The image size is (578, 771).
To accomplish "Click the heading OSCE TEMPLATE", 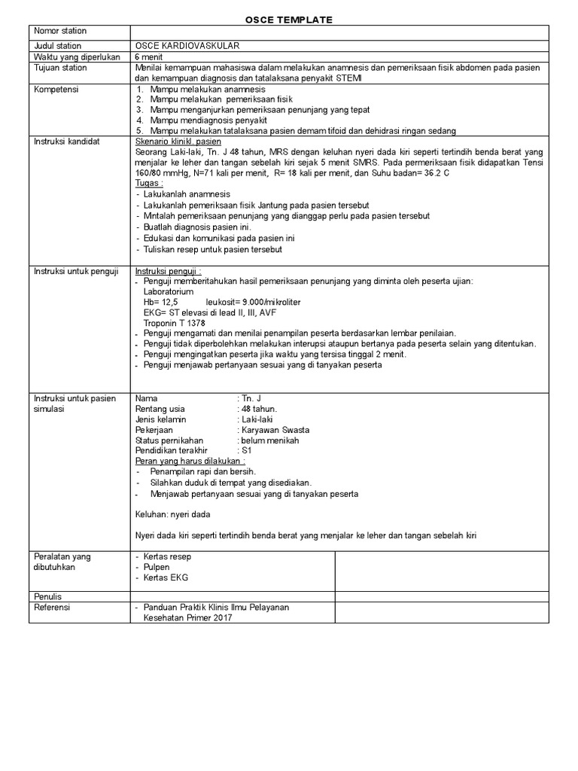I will [x=289, y=20].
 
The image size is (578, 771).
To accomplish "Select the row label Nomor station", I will [x=60, y=31].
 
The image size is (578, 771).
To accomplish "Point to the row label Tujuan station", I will [x=60, y=68].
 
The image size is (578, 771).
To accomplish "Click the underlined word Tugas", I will [x=148, y=184].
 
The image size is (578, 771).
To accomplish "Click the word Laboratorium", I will [x=169, y=291].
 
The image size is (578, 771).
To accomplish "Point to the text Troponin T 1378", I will [x=174, y=322].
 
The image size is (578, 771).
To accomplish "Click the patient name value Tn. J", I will [x=251, y=398].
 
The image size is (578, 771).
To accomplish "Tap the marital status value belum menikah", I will [x=269, y=440].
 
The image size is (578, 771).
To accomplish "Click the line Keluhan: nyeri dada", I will [x=172, y=514].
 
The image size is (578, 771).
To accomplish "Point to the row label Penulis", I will [x=50, y=596].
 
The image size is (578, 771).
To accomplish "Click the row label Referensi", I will [x=53, y=607].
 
